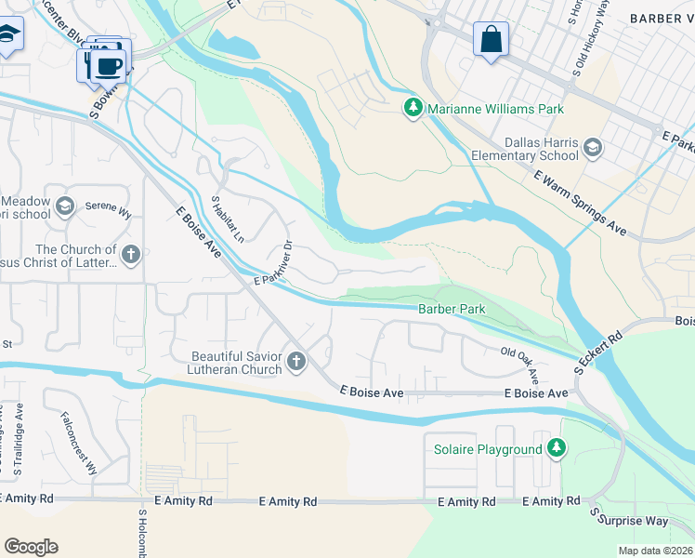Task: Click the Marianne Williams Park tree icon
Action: pyautogui.click(x=413, y=109)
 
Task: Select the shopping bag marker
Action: pyautogui.click(x=491, y=40)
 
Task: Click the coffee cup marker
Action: pyautogui.click(x=110, y=64)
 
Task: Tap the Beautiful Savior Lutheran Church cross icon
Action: pyautogui.click(x=296, y=362)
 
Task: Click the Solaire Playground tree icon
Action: pyautogui.click(x=556, y=449)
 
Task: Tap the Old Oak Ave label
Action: pyautogui.click(x=521, y=362)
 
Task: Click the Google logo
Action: pyautogui.click(x=31, y=547)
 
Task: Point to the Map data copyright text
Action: pyautogui.click(x=655, y=551)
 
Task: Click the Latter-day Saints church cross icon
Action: pyautogui.click(x=131, y=254)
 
